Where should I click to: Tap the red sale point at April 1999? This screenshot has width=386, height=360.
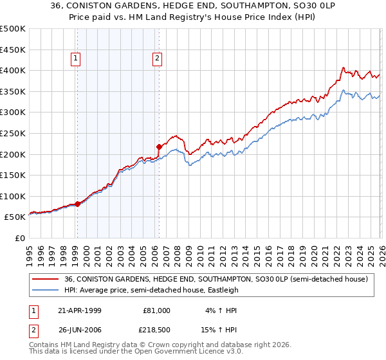coord(78,204)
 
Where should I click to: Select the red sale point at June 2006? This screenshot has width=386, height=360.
coord(159,147)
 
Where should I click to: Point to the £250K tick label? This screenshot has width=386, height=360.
coord(13,133)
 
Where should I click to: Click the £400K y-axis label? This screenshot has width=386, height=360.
coord(13,70)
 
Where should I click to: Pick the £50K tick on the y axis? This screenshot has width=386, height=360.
coord(15,217)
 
